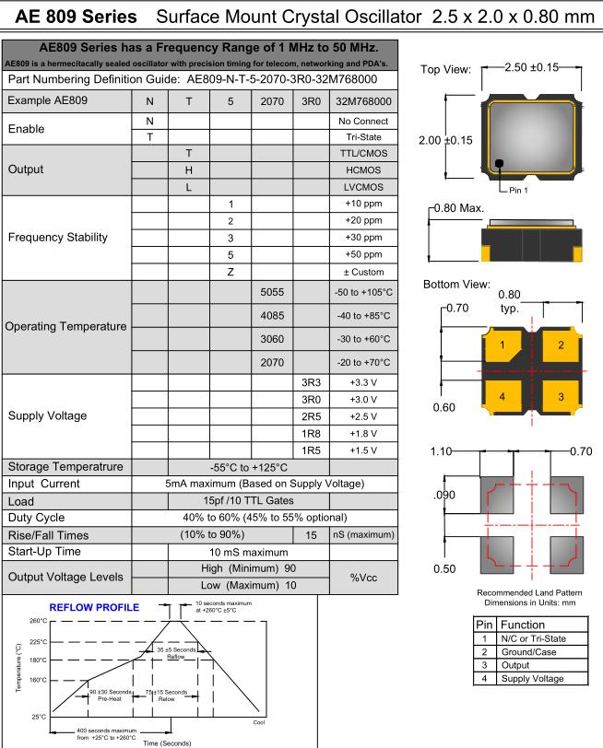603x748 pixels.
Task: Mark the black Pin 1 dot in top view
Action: point(499,164)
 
